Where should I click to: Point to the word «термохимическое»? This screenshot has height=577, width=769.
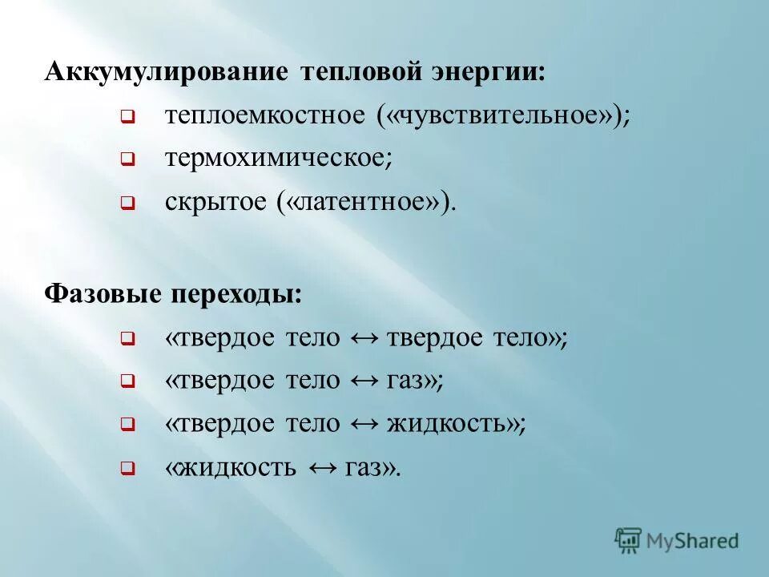(x=278, y=159)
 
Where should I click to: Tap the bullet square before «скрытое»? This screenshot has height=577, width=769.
(x=127, y=204)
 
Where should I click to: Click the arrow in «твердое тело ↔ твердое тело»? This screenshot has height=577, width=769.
(x=364, y=337)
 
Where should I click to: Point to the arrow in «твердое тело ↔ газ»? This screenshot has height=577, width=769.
(x=364, y=381)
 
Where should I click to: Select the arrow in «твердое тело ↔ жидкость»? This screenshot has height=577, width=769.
(x=364, y=424)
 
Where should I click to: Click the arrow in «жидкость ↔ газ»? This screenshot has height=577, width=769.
(x=320, y=467)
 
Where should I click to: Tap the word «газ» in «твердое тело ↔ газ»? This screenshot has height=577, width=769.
(x=411, y=381)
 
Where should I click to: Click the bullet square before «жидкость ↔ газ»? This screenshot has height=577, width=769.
(x=127, y=469)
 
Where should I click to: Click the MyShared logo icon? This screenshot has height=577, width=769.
(x=629, y=539)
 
